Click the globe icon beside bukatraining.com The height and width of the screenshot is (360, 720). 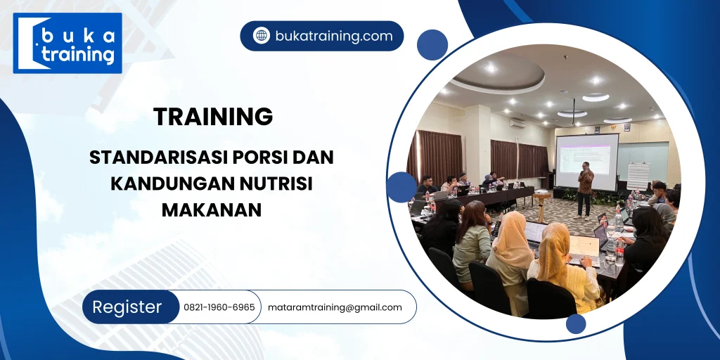coord(262,36)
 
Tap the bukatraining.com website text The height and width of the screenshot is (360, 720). coord(334,36)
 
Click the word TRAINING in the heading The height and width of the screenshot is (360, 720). coord(213,117)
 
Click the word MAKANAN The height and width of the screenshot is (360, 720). coord(212,209)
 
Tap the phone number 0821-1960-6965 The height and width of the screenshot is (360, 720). coord(219,307)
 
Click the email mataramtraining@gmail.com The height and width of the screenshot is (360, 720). coord(335,307)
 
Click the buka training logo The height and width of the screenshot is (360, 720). coord(67,43)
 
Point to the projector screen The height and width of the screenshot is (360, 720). coord(586,161)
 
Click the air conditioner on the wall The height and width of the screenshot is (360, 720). coord(517,123)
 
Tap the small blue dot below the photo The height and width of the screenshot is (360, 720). coord(576,324)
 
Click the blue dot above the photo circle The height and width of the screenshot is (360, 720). coord(432,44)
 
